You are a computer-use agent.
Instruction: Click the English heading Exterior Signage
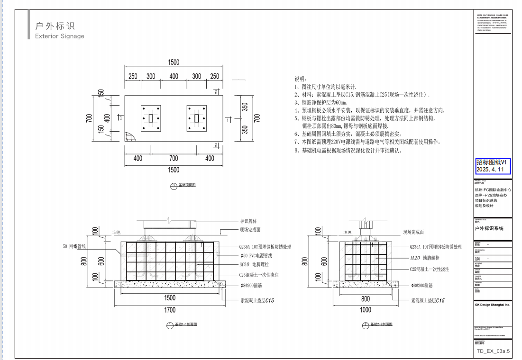click(60, 36)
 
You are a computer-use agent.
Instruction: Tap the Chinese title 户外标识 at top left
click(55, 26)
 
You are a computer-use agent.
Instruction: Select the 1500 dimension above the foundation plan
click(173, 63)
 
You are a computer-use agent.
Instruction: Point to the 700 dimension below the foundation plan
click(174, 158)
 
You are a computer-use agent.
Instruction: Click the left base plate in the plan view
click(151, 118)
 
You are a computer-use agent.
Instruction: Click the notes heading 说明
click(301, 79)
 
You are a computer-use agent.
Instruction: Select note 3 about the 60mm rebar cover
click(321, 102)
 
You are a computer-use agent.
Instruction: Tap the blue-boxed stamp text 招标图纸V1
click(493, 162)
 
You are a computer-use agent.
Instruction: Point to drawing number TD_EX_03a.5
click(493, 351)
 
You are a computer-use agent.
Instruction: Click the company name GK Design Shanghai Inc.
click(492, 305)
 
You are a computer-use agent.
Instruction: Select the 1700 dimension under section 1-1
click(170, 310)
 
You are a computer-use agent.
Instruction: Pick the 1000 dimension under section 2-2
click(366, 310)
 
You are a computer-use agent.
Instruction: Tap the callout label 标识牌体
click(248, 221)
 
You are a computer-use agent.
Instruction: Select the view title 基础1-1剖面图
click(185, 324)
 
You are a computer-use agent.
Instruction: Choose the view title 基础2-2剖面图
click(381, 324)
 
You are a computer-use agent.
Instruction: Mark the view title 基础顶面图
click(187, 185)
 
